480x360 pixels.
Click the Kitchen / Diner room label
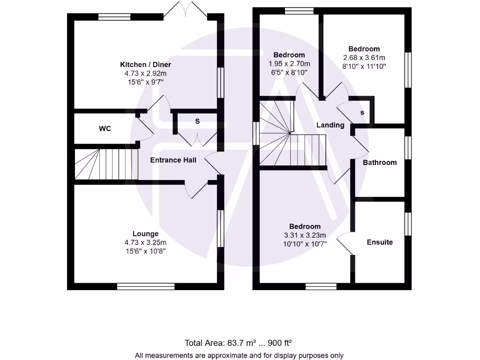pyautogui.click(x=145, y=65)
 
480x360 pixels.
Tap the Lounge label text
pyautogui.click(x=145, y=234)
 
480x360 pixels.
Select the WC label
pyautogui.click(x=105, y=128)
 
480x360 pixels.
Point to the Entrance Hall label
pyautogui.click(x=173, y=160)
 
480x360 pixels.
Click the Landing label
pyautogui.click(x=330, y=125)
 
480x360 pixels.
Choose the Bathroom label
pyautogui.click(x=380, y=163)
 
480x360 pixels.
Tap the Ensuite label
pyautogui.click(x=380, y=242)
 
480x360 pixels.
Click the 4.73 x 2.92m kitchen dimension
pyautogui.click(x=145, y=74)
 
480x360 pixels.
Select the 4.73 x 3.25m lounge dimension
pyautogui.click(x=145, y=242)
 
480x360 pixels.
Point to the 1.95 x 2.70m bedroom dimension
pyautogui.click(x=289, y=64)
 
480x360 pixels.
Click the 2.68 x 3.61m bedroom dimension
pyautogui.click(x=364, y=58)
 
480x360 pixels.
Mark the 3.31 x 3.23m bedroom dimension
pyautogui.click(x=305, y=235)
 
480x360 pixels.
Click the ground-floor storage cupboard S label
pyautogui.click(x=197, y=121)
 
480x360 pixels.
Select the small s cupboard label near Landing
pyautogui.click(x=362, y=113)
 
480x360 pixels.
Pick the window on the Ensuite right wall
pyautogui.click(x=408, y=224)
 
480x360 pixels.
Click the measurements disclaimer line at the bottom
pyautogui.click(x=240, y=355)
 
